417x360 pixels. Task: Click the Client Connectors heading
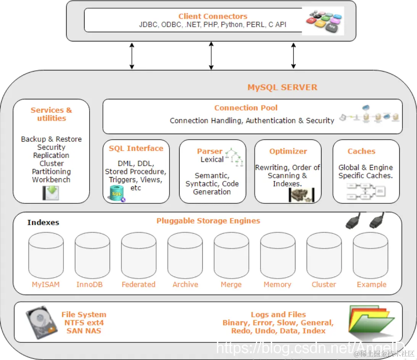[x=213, y=16]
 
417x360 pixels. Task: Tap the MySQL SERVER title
[x=282, y=87]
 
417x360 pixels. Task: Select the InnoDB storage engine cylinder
[x=92, y=255]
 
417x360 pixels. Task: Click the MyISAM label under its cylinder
[x=46, y=284]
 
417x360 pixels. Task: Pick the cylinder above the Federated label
[x=138, y=255]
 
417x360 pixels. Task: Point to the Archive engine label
[x=185, y=284]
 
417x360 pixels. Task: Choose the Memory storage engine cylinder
[x=277, y=255]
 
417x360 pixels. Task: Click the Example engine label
[x=372, y=284]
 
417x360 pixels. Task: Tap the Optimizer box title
[x=288, y=151]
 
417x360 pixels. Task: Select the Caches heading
[x=361, y=151]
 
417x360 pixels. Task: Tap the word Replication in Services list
[x=51, y=155]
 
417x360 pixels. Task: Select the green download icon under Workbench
[x=51, y=193]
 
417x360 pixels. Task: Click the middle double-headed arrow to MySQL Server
[x=211, y=56]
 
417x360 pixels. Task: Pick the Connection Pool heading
[x=246, y=108]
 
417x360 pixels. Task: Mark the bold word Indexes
[x=43, y=223]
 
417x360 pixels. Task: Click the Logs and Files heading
[x=278, y=315]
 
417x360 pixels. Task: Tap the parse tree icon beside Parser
[x=234, y=157]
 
